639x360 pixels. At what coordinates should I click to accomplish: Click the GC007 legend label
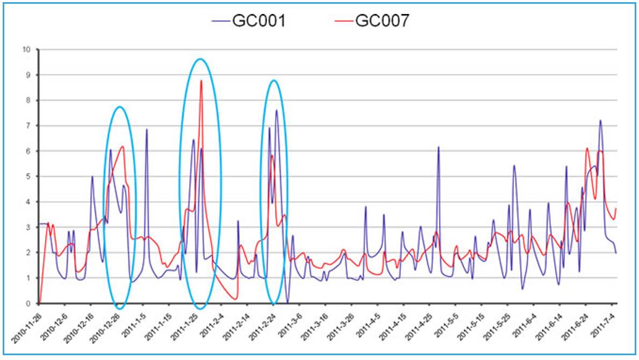[x=383, y=21]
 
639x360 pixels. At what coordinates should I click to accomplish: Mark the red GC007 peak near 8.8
[x=201, y=81]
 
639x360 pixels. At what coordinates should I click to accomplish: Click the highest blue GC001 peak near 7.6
[x=276, y=110]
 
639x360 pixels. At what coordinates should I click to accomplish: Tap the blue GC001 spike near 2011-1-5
[x=146, y=129]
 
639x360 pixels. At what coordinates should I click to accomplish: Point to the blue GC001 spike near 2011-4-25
[x=439, y=147]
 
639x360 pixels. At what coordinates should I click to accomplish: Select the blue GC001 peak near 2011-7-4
[x=600, y=120]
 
